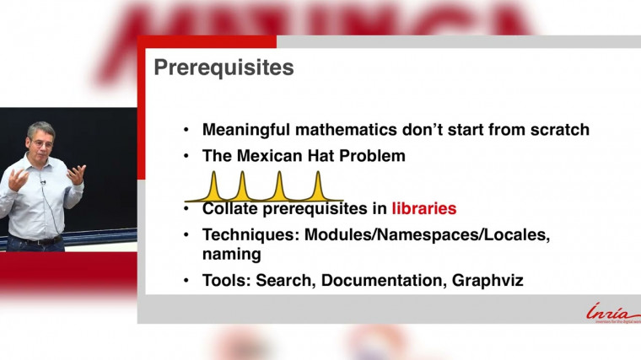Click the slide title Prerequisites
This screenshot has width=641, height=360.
pyautogui.click(x=224, y=68)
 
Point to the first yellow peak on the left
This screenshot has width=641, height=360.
pyautogui.click(x=213, y=182)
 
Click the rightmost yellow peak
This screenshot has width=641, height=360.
pyautogui.click(x=318, y=182)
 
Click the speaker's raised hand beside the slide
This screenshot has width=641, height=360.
pyautogui.click(x=77, y=174)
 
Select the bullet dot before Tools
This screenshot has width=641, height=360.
pyautogui.click(x=186, y=281)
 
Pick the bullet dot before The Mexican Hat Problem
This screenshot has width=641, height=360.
pyautogui.click(x=186, y=157)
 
